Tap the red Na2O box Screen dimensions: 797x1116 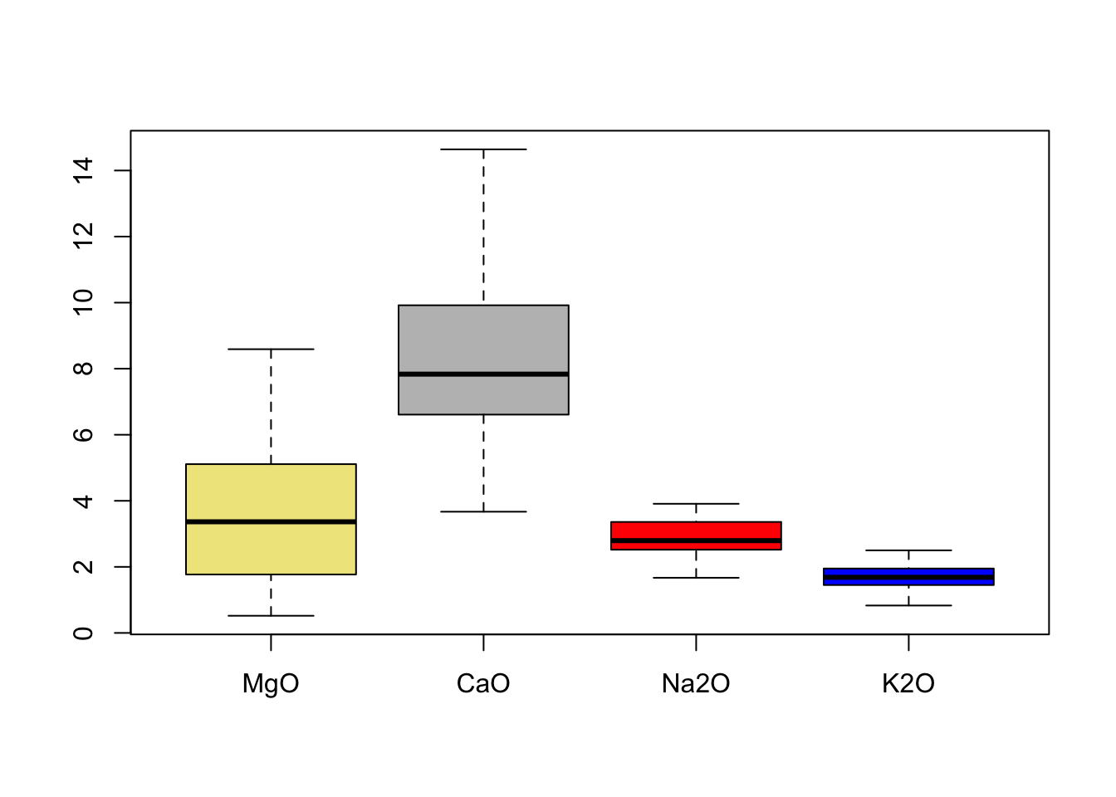click(696, 531)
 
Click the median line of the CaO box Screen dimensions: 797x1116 click(483, 374)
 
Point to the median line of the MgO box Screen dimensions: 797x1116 click(271, 521)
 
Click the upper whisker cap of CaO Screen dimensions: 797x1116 click(483, 149)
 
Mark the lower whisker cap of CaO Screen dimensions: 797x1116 click(483, 511)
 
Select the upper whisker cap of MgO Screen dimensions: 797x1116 click(271, 350)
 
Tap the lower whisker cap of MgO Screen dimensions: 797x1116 click(271, 616)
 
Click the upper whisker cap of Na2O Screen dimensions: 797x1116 click(696, 504)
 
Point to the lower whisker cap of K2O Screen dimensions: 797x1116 click(908, 605)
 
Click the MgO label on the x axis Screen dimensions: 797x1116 click(271, 684)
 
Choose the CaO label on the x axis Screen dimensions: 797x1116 click(483, 684)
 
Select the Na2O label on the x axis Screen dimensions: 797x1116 click(696, 684)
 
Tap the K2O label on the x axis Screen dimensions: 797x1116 click(908, 684)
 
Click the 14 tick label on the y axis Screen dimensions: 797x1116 click(83, 170)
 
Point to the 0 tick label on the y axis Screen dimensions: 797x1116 click(83, 633)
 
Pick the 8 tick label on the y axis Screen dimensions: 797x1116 click(83, 369)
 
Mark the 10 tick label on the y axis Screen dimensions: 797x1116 click(83, 302)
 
